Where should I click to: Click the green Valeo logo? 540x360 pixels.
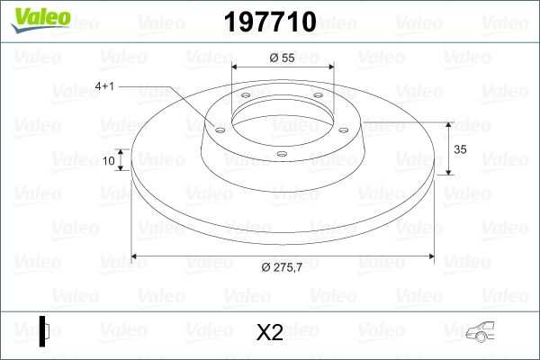coord(40,19)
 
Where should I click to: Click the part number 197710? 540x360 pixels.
coord(270,22)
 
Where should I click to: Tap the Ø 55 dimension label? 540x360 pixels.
coord(282,58)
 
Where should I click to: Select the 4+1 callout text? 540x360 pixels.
coord(104,85)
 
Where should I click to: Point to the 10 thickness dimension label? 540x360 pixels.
coord(109,160)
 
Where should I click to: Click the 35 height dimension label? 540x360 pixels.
coord(460,149)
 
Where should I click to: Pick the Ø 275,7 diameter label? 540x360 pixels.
coord(282,267)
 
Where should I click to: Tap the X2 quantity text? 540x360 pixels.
coord(270,332)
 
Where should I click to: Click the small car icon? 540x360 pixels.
coord(480,332)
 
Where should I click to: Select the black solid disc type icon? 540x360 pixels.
coord(44,331)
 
